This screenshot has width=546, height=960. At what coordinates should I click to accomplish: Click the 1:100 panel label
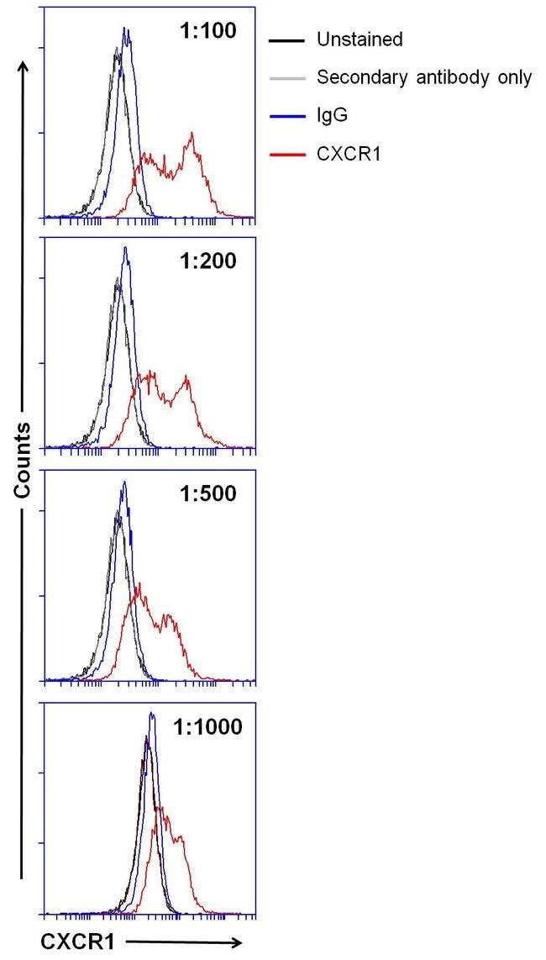coord(208,31)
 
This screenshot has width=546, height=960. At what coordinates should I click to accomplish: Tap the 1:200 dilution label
coord(208,261)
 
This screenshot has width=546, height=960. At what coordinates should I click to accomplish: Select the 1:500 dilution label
coord(208,493)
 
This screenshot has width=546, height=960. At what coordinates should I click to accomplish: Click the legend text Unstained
coord(360,39)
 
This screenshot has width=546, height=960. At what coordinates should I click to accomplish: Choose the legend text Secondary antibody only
coord(424,78)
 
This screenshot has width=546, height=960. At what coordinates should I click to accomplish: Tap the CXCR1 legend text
coord(349,155)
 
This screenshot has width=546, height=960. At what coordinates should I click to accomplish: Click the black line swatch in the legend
coord(286,40)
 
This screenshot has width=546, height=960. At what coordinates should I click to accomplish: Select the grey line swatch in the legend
coord(286,78)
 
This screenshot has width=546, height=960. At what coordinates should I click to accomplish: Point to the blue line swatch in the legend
coord(286,117)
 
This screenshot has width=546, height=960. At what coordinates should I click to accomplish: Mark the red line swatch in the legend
coord(286,156)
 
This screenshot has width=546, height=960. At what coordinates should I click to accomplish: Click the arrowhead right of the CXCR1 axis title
coord(237,943)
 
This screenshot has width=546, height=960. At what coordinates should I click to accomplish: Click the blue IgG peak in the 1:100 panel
coord(126,29)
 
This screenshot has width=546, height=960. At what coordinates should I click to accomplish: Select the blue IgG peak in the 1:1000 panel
coord(152,715)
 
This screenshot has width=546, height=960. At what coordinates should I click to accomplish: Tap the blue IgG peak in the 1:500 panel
coord(124,483)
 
